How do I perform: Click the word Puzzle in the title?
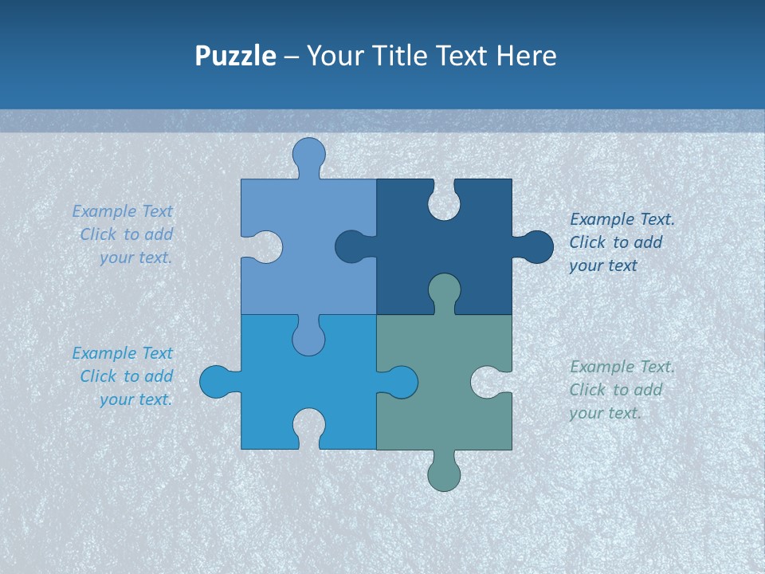[235, 57]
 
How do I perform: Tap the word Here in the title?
[526, 57]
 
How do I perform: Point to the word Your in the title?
[334, 57]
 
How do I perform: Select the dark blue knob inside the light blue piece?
[351, 247]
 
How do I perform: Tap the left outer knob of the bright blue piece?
[216, 382]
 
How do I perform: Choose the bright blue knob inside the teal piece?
[401, 382]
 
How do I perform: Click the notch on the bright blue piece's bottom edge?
[308, 426]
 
